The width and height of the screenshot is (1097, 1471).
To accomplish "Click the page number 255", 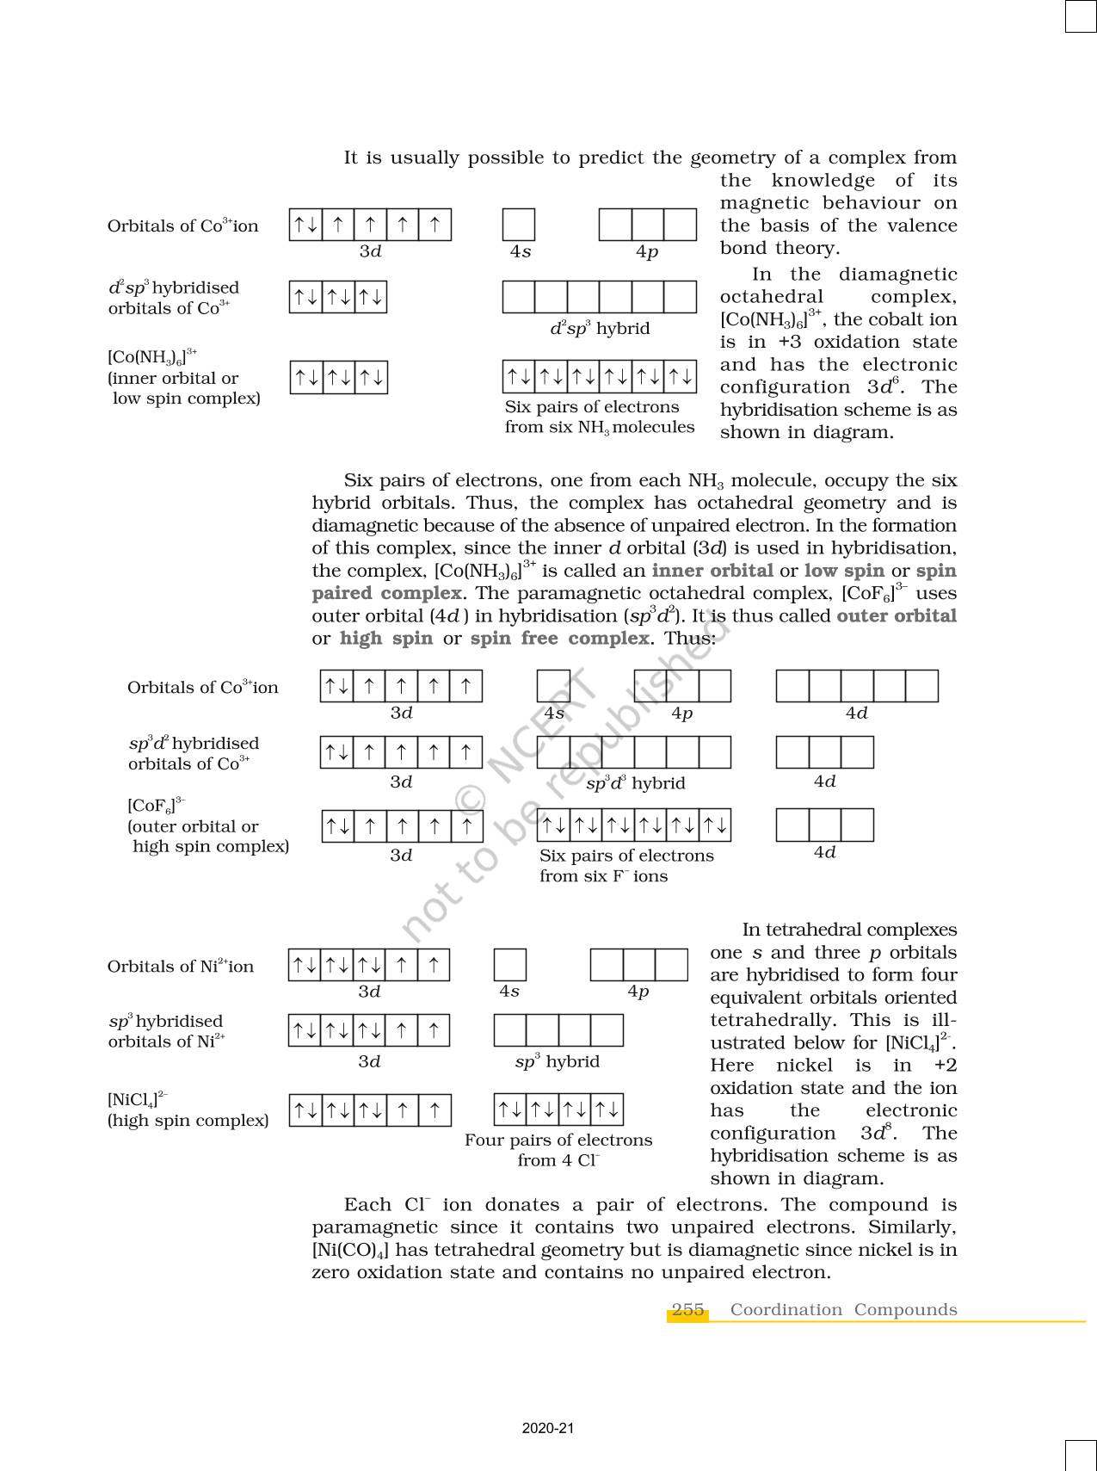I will point(687,1310).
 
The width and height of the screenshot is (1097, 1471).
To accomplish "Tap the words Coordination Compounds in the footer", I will point(843,1310).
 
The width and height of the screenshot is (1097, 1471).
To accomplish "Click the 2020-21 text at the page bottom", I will point(547,1429).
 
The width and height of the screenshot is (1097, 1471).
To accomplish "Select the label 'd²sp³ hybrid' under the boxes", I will point(600,329).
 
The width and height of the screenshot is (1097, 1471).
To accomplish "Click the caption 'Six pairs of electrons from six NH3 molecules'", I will point(599,417).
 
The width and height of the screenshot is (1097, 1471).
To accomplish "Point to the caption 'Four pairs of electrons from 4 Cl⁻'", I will point(558,1150).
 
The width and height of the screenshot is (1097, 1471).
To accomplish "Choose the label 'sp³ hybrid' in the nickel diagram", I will point(558,1061).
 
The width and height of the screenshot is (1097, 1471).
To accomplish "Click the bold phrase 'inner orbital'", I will point(712,571).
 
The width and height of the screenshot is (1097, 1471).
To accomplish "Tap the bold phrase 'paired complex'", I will point(386,593).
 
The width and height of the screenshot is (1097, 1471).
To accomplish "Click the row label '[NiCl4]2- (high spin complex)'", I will point(188,1110).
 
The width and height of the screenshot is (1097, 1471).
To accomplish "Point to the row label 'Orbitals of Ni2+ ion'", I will point(181,967).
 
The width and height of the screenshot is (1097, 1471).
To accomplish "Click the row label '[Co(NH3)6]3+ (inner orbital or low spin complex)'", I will point(184,377).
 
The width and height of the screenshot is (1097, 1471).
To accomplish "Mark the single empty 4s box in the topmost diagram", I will point(519,225).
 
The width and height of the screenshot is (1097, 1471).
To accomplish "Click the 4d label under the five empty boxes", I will point(856,713).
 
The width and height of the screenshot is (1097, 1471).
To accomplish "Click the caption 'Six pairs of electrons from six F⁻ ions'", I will point(626,866).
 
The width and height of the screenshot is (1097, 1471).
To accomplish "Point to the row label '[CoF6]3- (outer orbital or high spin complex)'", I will point(208,826).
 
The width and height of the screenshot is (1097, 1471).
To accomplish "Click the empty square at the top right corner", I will point(1081,16).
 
